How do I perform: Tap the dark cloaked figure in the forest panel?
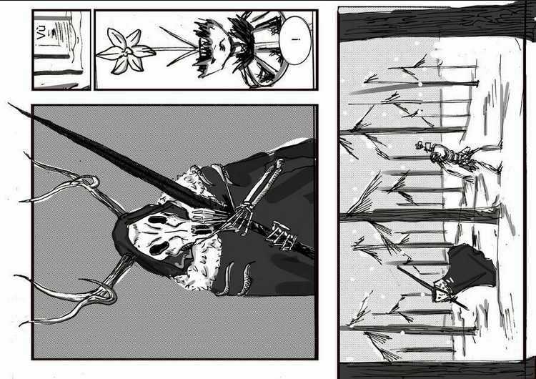(x=468, y=272)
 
